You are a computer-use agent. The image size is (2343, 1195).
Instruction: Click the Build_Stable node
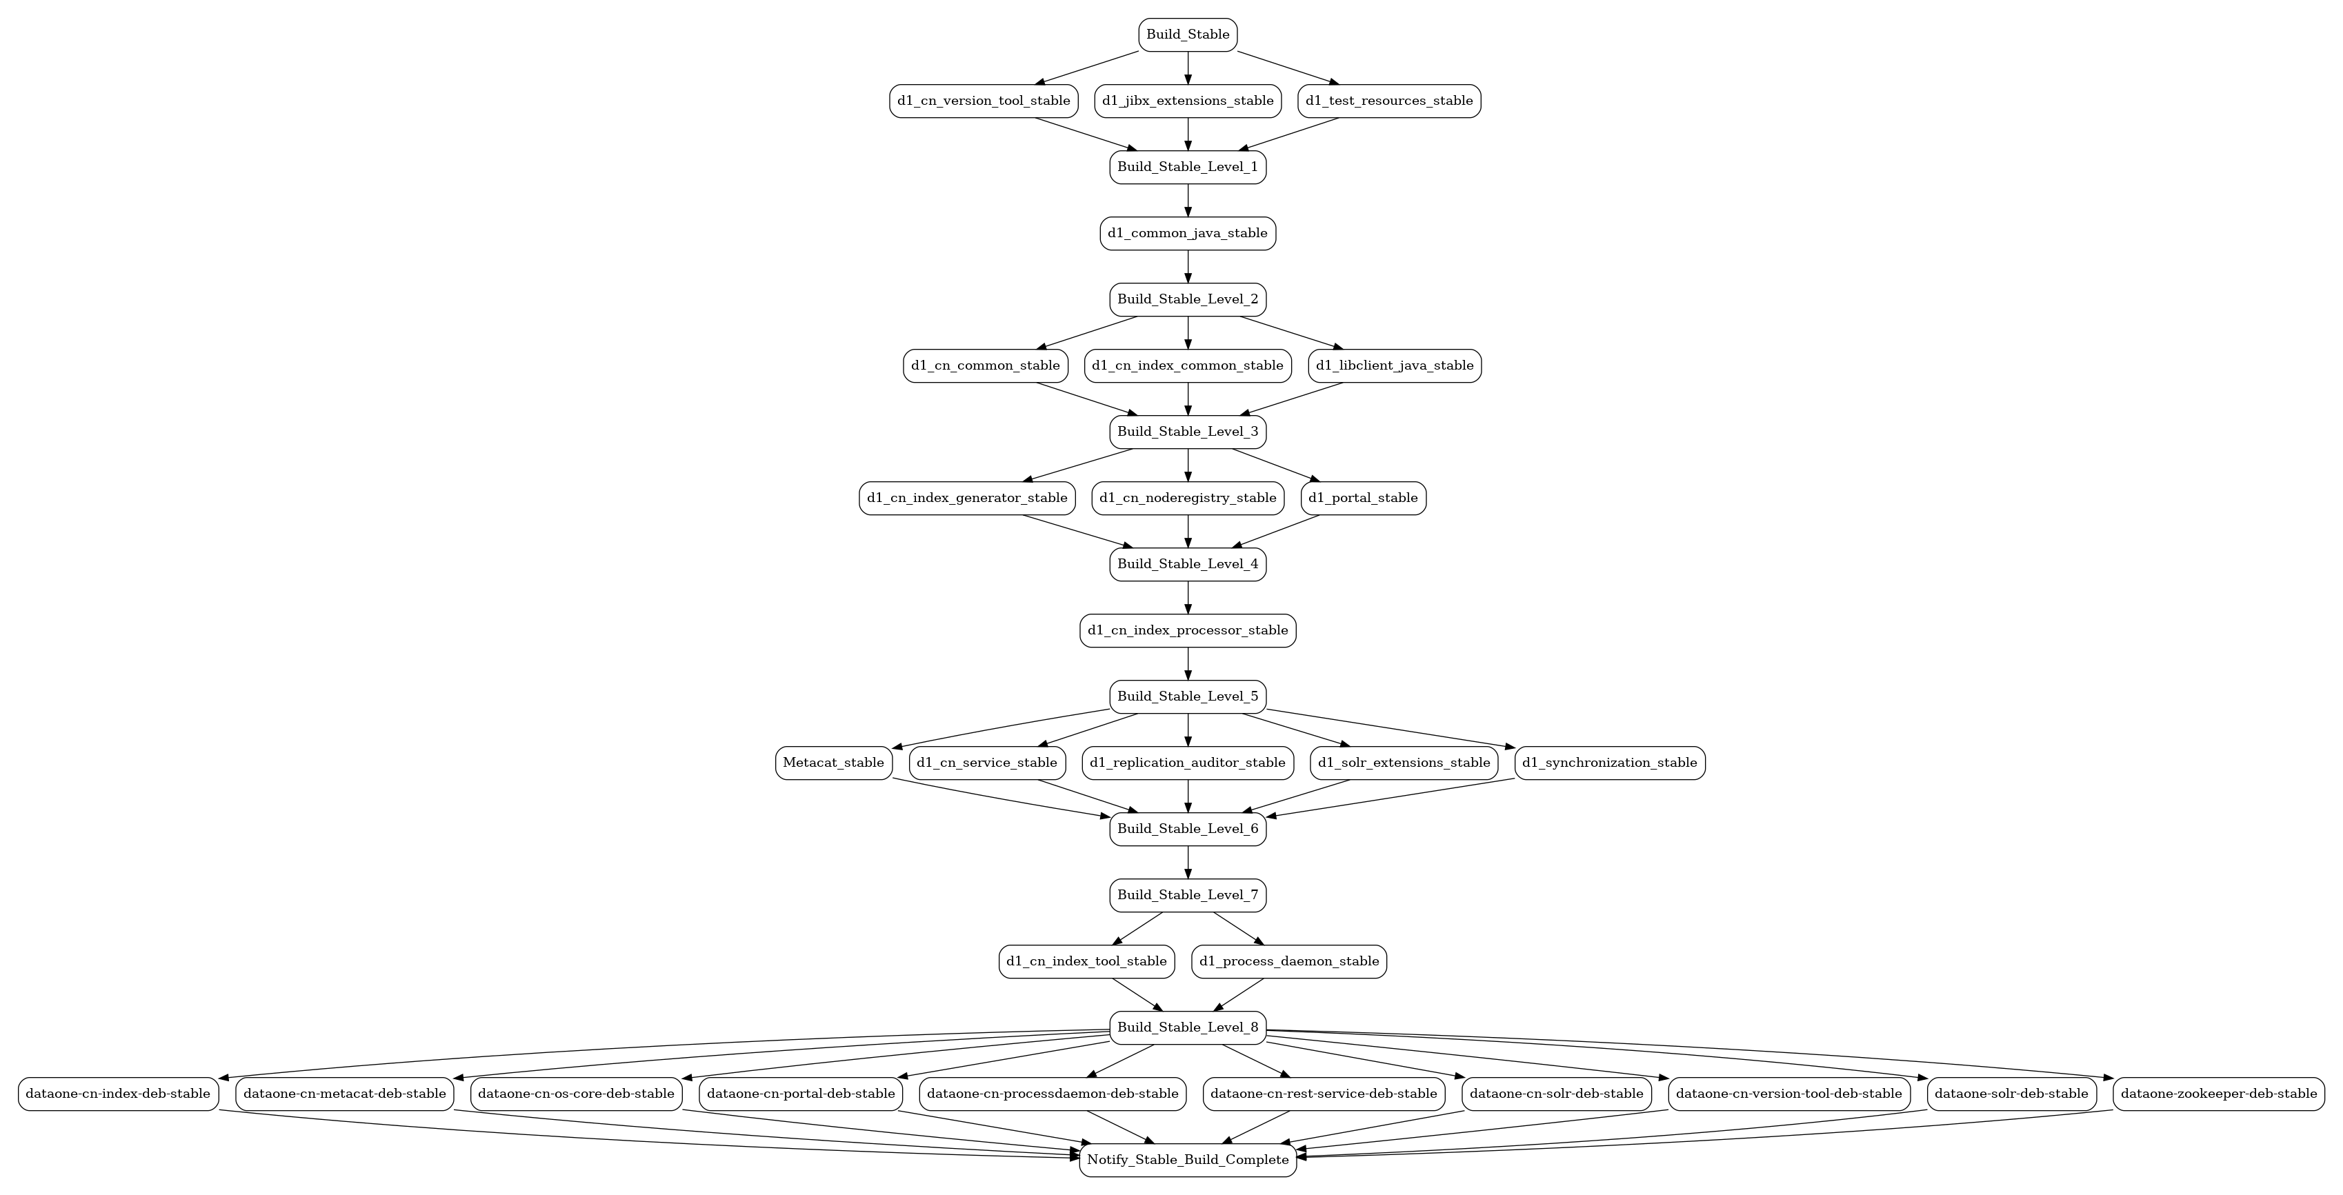point(1188,34)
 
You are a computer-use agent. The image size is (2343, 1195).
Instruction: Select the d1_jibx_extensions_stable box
point(1188,101)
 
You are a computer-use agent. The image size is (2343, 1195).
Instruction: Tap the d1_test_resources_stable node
point(1389,101)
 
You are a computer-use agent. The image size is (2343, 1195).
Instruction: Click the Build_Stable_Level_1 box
point(1188,168)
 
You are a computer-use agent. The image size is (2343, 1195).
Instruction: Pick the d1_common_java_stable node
point(1188,234)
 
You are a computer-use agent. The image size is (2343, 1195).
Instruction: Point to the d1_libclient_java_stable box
point(1395,365)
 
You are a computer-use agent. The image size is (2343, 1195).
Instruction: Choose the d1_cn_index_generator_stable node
point(967,499)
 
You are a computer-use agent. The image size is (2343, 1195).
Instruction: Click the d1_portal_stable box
point(1364,499)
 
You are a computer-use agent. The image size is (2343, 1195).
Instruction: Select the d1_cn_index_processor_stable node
point(1188,630)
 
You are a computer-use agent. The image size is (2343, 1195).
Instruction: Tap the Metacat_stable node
point(833,763)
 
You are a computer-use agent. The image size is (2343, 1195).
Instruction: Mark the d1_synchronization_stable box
point(1610,763)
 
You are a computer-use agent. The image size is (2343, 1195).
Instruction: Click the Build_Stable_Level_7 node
point(1188,896)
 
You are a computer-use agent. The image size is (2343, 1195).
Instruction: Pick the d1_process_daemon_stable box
point(1289,962)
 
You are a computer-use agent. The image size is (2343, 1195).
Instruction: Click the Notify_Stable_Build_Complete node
point(1188,1161)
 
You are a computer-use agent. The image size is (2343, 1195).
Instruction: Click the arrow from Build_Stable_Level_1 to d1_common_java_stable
point(1188,201)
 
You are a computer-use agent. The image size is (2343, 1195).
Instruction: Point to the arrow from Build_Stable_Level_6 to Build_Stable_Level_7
point(1188,862)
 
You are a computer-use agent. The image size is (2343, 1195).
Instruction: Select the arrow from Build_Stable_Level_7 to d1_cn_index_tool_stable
point(1138,929)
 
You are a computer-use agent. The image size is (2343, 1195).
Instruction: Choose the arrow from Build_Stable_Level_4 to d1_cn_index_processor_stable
point(1188,597)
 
